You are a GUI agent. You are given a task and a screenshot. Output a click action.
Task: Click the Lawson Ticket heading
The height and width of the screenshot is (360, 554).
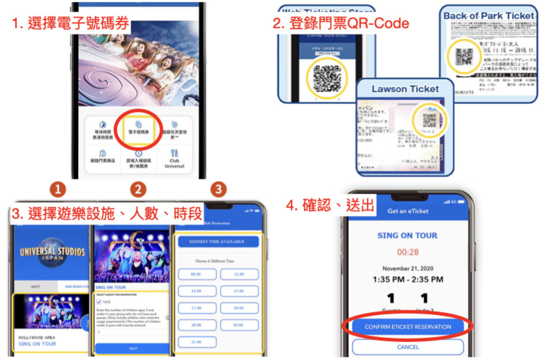click(405, 89)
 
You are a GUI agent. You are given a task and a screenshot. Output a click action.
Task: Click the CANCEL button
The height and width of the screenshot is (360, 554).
click(408, 347)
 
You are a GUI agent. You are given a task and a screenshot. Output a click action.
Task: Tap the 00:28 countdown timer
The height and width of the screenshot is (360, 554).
click(408, 252)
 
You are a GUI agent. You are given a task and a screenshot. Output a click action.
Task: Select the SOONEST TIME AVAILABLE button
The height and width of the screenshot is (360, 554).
click(218, 241)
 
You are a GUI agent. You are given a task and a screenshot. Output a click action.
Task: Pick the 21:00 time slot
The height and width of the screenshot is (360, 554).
click(196, 343)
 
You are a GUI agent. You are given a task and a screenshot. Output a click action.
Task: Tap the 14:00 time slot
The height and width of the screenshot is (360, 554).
click(196, 290)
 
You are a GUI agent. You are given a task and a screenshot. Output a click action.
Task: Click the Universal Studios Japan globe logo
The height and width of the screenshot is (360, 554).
click(53, 253)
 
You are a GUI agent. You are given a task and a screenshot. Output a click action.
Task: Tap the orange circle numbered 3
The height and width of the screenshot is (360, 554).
click(219, 189)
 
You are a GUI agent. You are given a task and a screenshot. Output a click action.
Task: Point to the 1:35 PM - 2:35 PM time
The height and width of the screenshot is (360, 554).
click(408, 280)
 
